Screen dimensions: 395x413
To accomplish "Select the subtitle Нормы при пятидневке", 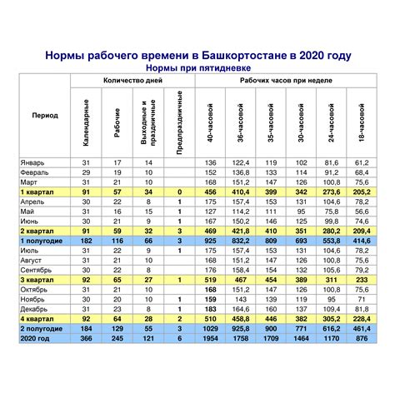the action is coord(197,67).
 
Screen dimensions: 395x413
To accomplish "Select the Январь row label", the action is coord(34,162).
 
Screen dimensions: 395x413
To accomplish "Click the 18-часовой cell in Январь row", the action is coord(361,162).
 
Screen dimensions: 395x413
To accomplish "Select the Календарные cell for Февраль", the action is coord(86,172).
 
